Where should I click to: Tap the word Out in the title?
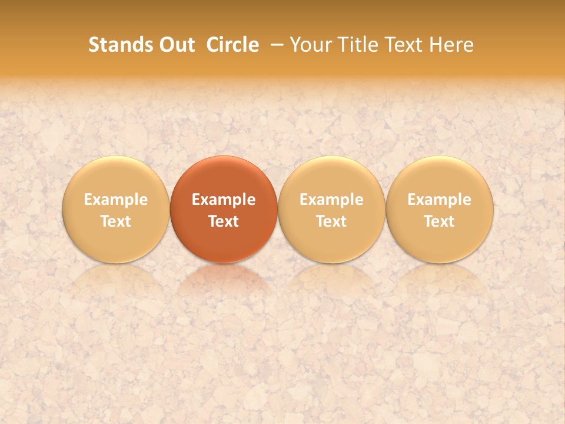click(175, 45)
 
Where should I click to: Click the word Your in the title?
click(310, 45)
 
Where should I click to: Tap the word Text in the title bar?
click(403, 45)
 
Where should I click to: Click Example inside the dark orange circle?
click(224, 200)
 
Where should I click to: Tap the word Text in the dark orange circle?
click(224, 221)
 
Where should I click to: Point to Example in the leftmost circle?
click(115, 200)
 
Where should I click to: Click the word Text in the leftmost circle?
click(115, 221)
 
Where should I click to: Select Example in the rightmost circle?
click(440, 200)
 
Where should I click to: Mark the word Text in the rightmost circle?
click(440, 221)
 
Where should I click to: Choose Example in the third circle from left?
click(331, 200)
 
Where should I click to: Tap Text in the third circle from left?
click(331, 221)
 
